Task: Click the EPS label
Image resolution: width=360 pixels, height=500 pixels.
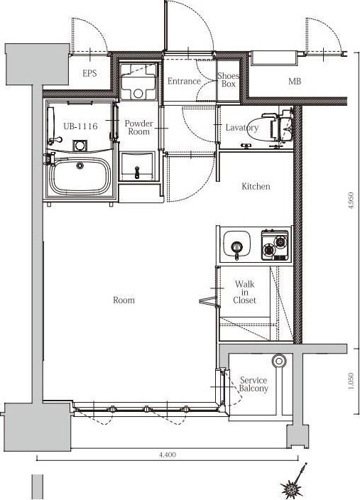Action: pyautogui.click(x=89, y=73)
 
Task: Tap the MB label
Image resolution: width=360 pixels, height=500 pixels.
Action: pyautogui.click(x=295, y=81)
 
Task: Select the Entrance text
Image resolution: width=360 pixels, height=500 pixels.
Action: pyautogui.click(x=184, y=81)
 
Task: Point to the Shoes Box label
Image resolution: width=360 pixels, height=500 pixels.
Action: pyautogui.click(x=229, y=80)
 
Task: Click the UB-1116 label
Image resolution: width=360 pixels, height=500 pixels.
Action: pyautogui.click(x=80, y=126)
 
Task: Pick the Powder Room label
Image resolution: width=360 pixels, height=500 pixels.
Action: pyautogui.click(x=138, y=127)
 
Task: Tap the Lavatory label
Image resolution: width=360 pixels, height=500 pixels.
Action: pyautogui.click(x=242, y=128)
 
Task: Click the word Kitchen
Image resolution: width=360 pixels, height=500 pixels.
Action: pyautogui.click(x=256, y=186)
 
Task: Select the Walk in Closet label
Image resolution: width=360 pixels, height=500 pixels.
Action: pyautogui.click(x=244, y=292)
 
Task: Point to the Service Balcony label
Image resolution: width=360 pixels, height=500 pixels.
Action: pyautogui.click(x=253, y=384)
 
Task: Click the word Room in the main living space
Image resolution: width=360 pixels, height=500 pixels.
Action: pyautogui.click(x=124, y=300)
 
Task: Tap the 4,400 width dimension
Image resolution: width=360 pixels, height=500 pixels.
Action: pyautogui.click(x=168, y=455)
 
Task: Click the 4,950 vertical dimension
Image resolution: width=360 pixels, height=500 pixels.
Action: pyautogui.click(x=351, y=200)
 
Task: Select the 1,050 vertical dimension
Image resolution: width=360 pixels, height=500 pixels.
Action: pyautogui.click(x=351, y=381)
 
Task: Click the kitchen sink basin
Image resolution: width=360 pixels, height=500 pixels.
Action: pyautogui.click(x=236, y=244)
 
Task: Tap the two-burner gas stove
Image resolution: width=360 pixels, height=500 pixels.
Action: pyautogui.click(x=275, y=244)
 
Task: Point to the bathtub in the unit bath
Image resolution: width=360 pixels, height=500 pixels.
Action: pyautogui.click(x=80, y=175)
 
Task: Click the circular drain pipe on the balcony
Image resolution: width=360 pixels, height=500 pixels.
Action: pyautogui.click(x=279, y=362)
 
